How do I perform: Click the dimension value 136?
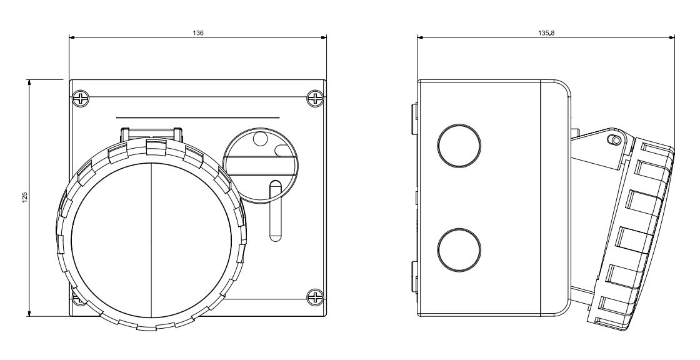[x=198, y=33]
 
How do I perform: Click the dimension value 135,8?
[x=546, y=33]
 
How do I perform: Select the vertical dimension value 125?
[x=25, y=197]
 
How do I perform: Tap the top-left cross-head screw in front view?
[x=81, y=98]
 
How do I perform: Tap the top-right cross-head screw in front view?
[x=315, y=98]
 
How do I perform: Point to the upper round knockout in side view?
[x=459, y=146]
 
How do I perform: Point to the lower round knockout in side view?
[x=459, y=249]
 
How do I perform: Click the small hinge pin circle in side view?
[x=616, y=141]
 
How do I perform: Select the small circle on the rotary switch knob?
[x=259, y=139]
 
